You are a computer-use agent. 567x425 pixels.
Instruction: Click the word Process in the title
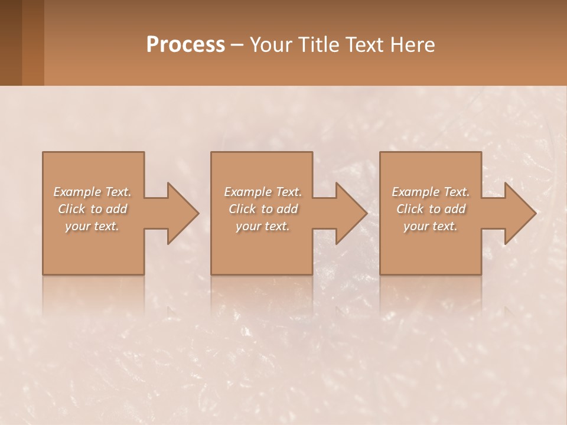click(185, 45)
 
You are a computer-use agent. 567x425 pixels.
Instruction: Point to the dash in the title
click(237, 45)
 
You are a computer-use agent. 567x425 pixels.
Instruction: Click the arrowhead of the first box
click(183, 213)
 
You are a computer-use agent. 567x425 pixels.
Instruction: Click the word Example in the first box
click(77, 192)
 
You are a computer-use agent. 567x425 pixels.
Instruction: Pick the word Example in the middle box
click(247, 192)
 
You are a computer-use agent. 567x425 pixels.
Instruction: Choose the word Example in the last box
click(415, 192)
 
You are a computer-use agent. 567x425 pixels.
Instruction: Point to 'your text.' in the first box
click(92, 226)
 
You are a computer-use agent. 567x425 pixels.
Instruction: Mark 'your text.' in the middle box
click(263, 226)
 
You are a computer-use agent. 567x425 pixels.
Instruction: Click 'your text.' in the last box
click(431, 226)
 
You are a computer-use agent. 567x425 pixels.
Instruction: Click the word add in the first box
click(117, 209)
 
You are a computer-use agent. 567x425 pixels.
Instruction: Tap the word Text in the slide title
click(362, 45)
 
